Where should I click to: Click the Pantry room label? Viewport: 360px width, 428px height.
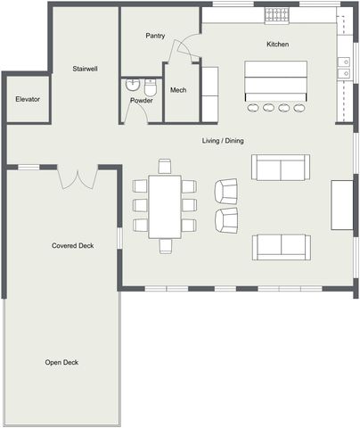click(x=155, y=36)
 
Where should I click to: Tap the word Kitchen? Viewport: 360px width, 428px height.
click(x=277, y=44)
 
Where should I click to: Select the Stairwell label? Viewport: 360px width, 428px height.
click(x=86, y=68)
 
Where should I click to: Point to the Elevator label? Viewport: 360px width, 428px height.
click(x=28, y=99)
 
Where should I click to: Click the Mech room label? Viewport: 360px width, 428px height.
click(x=178, y=90)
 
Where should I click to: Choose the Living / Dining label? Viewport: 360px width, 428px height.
click(x=223, y=141)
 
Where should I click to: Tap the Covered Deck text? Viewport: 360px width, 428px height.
click(x=72, y=245)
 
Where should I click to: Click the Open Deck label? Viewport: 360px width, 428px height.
click(x=61, y=362)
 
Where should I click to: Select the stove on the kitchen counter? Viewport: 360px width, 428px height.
click(x=276, y=16)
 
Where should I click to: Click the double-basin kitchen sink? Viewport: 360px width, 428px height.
click(x=345, y=62)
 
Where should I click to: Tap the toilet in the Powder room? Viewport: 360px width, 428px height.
click(x=151, y=87)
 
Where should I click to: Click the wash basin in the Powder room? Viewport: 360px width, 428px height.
click(x=133, y=86)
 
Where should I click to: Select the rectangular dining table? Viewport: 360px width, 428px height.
click(x=165, y=205)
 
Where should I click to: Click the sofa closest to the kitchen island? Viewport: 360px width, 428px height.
click(x=280, y=167)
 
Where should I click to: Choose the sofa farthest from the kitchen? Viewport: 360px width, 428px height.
click(x=281, y=246)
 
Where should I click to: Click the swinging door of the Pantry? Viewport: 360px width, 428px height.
click(x=183, y=49)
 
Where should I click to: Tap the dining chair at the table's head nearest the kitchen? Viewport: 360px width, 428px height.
click(x=164, y=166)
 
